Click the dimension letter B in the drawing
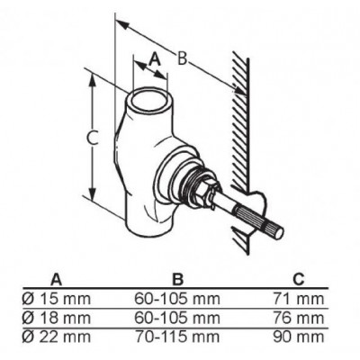point(182,58)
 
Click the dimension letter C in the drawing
point(92,139)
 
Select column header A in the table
point(56,280)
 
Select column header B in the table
point(178,280)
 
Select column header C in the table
point(299,280)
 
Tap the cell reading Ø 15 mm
point(57,299)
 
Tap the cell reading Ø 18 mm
point(57,318)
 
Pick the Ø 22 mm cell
point(57,337)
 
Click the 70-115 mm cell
point(177,337)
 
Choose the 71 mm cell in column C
point(299,299)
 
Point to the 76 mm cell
point(299,318)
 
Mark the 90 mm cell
point(299,337)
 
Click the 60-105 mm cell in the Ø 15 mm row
point(177,299)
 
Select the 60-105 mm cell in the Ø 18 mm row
point(177,318)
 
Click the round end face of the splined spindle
point(278,233)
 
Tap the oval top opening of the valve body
point(149,99)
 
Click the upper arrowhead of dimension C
point(93,80)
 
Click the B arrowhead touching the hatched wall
point(239,90)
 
